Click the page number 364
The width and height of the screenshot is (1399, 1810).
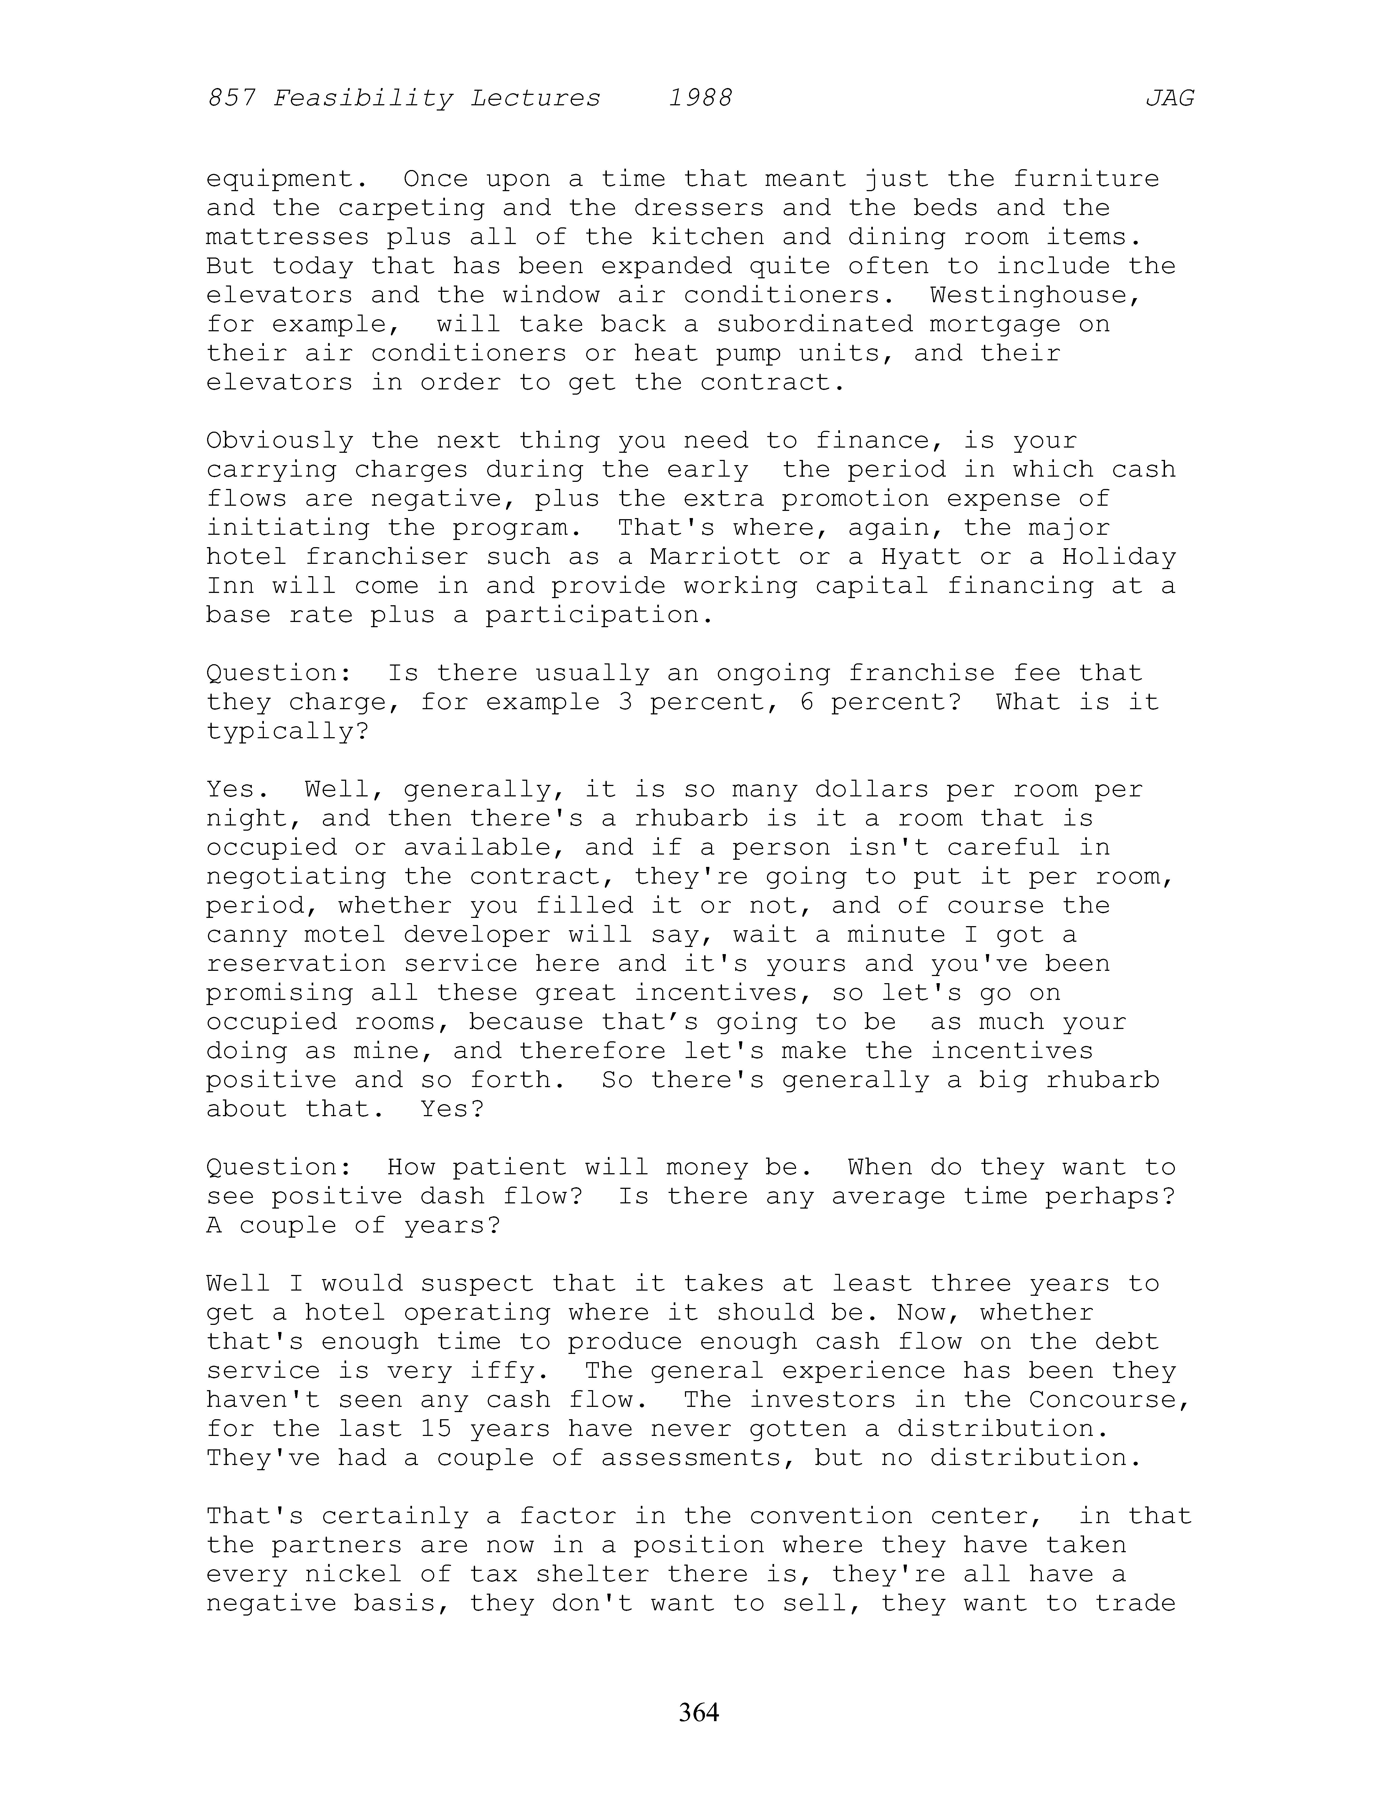(699, 1711)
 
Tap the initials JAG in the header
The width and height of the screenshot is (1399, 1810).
(1169, 99)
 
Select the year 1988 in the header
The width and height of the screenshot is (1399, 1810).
(700, 99)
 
